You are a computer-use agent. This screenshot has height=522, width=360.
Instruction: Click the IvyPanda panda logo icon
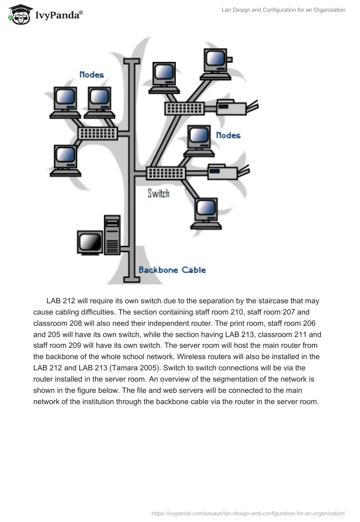click(19, 15)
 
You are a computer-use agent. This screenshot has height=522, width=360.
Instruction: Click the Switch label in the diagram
click(158, 193)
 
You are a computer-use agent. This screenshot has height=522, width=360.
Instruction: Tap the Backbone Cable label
click(172, 270)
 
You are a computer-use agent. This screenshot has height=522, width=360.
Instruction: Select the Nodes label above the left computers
click(92, 75)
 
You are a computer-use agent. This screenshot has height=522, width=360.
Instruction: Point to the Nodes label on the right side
click(228, 135)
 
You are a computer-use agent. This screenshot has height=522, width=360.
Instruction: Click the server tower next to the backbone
click(112, 234)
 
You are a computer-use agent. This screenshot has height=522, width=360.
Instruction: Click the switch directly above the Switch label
click(165, 172)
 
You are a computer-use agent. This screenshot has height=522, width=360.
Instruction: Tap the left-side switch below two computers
click(98, 132)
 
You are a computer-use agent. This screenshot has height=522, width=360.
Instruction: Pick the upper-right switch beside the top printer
click(184, 108)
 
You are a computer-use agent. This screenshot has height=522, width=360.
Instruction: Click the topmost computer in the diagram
click(217, 62)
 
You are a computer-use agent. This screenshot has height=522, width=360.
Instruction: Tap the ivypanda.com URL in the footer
click(248, 513)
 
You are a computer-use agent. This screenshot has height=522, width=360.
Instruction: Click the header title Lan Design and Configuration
click(283, 9)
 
